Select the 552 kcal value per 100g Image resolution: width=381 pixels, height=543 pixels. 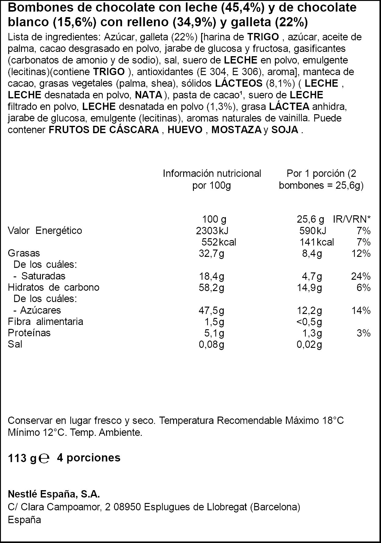point(219,242)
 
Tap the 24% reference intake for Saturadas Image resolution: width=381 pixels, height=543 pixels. point(361,276)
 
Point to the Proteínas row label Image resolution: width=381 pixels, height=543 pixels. point(29,333)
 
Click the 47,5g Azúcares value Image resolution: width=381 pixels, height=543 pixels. point(211,311)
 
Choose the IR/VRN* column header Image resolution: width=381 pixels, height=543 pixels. point(352,219)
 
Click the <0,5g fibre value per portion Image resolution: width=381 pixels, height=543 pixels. point(309,322)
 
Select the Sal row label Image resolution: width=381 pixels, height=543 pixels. point(15,344)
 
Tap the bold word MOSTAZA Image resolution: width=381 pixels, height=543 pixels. point(236,130)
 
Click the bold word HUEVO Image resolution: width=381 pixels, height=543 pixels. point(185,130)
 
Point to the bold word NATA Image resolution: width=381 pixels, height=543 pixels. point(149,95)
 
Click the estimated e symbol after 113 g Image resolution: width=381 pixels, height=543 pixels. point(45,458)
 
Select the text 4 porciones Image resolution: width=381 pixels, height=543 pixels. point(89,458)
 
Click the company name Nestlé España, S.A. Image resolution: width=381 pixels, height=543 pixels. point(54,494)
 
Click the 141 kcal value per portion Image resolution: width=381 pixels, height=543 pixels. point(317,242)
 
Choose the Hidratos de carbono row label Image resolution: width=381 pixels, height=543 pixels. point(54,287)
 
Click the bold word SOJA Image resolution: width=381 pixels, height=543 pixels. point(285,130)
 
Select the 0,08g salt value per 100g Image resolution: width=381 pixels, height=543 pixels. point(211,344)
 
